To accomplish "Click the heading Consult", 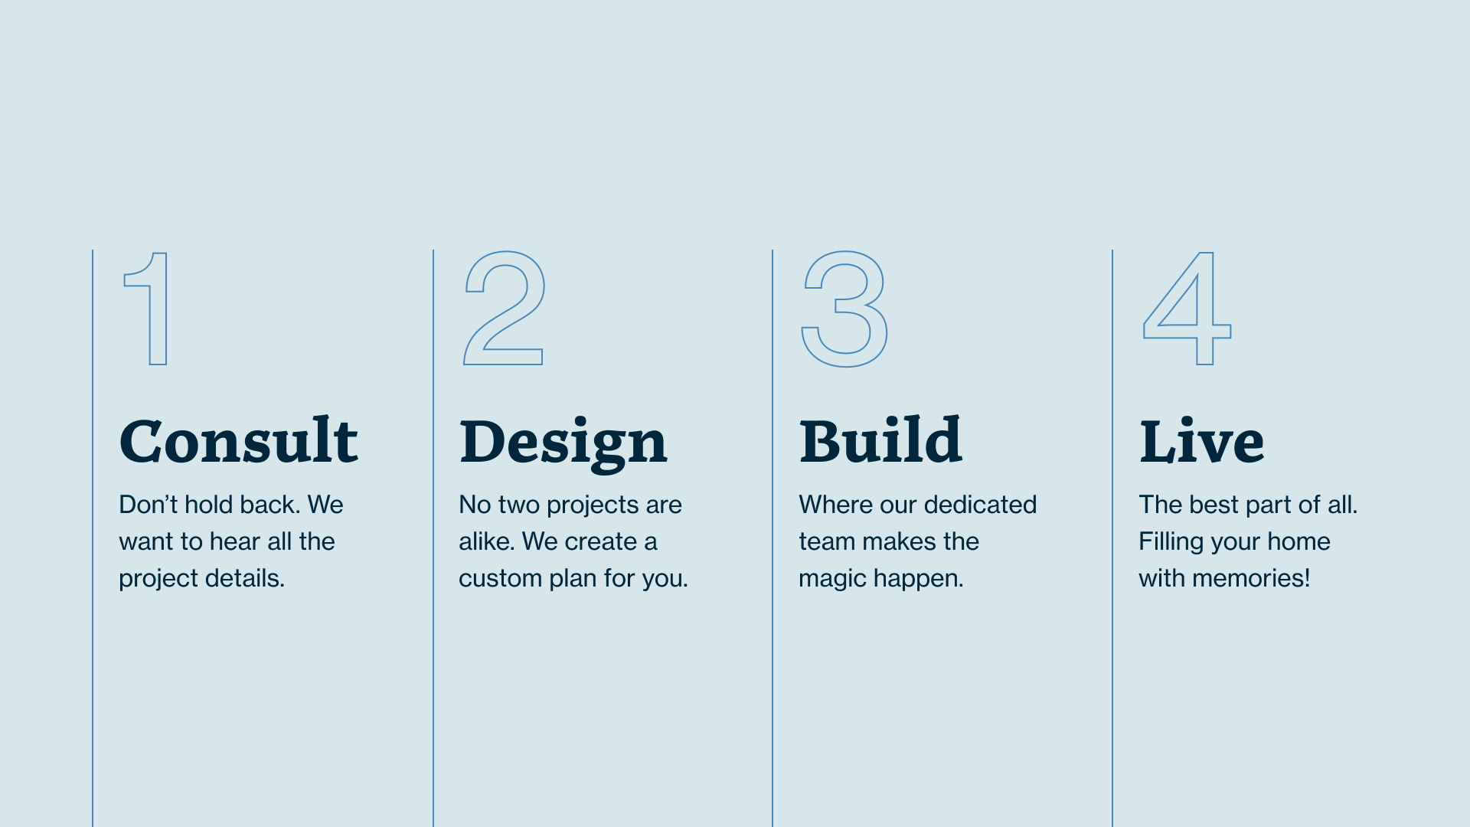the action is [x=239, y=441].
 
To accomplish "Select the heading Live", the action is [x=1201, y=441].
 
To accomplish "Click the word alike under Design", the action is [x=486, y=541].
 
